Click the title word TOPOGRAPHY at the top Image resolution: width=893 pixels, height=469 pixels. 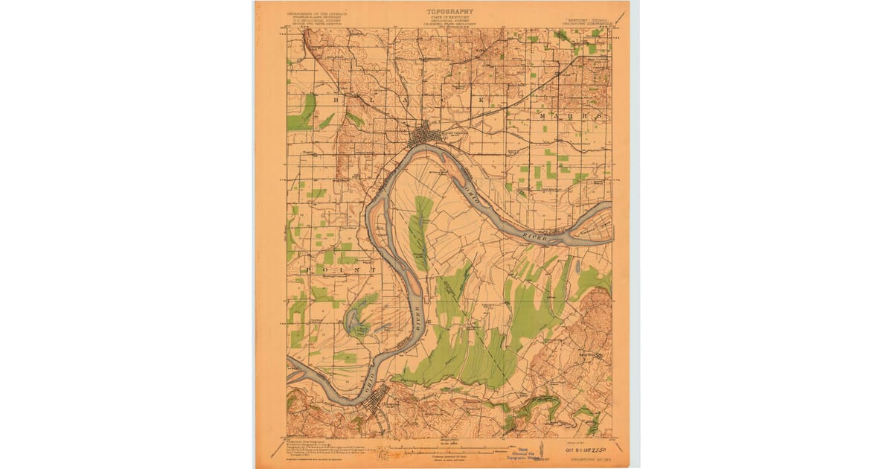[449, 11]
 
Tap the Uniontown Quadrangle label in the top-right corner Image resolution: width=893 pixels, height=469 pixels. [587, 21]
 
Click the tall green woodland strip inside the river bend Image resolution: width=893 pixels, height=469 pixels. [422, 231]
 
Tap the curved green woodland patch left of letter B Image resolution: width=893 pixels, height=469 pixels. [303, 112]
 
